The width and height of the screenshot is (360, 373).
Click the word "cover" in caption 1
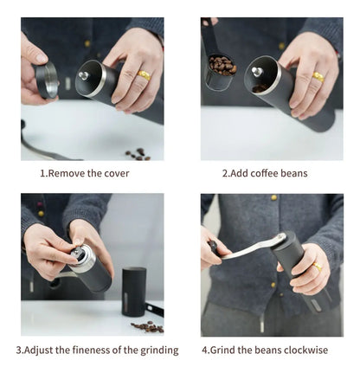pos(117,173)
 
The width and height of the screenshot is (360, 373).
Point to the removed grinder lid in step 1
pos(47,80)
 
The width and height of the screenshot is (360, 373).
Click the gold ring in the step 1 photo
pos(144,75)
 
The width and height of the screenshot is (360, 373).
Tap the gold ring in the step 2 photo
pos(318,77)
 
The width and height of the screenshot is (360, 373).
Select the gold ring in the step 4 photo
pos(317,267)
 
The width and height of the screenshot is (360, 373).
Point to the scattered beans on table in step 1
pos(138,154)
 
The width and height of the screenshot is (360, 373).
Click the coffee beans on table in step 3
pos(147,326)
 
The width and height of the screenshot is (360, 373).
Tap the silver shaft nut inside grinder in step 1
pos(84,76)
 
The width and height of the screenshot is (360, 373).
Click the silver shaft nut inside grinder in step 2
pos(257,72)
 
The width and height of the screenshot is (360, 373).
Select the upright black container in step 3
pos(133,292)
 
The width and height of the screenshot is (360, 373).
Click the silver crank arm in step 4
pos(254,248)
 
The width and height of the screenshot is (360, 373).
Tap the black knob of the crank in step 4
pos(214,248)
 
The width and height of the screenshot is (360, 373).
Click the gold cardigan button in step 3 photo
pos(41,214)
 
